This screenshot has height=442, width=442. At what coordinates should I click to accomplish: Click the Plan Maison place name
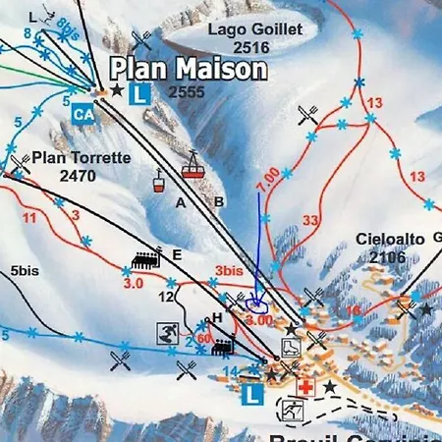tap(188, 69)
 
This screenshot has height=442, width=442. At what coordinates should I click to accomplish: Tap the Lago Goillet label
tap(254, 29)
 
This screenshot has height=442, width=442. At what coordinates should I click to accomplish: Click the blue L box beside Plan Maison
tap(140, 94)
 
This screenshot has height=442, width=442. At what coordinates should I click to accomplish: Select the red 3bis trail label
tap(228, 271)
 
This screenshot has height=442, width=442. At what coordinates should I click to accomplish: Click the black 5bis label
tap(24, 270)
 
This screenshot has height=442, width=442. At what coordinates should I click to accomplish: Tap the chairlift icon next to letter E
tap(145, 260)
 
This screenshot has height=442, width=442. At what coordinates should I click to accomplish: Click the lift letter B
tap(219, 202)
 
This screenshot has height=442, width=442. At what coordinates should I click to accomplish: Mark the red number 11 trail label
tap(29, 217)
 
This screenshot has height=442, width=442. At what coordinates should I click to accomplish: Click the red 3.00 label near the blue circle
tap(258, 320)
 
